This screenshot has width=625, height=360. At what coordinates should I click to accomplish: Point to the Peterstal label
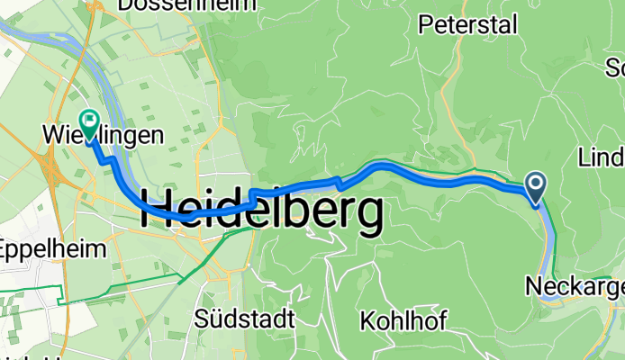(x=468, y=25)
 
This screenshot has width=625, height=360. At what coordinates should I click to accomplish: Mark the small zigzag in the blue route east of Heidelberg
(x=339, y=182)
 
